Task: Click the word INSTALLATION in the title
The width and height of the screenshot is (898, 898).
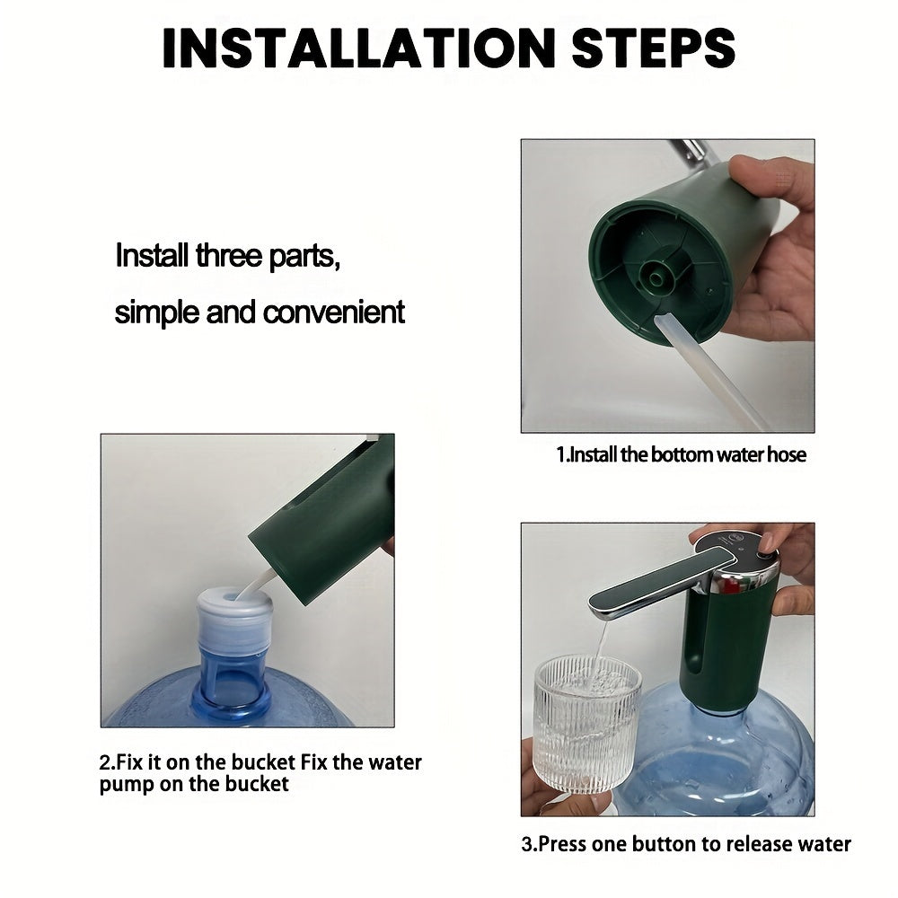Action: pos(358,48)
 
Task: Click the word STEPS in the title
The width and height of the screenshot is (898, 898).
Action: pos(654,48)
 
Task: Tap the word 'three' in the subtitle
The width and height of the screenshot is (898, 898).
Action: pos(228,255)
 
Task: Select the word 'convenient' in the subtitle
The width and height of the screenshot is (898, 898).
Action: pos(334,313)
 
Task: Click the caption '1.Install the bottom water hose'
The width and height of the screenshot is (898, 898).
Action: pos(681,454)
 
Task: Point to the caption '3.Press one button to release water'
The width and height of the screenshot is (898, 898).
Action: pos(686,843)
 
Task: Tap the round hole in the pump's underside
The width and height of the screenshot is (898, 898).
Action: pos(655,277)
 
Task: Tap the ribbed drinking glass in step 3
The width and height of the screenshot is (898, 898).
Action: pos(587,725)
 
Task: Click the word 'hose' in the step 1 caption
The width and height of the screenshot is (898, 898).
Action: pos(787,454)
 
